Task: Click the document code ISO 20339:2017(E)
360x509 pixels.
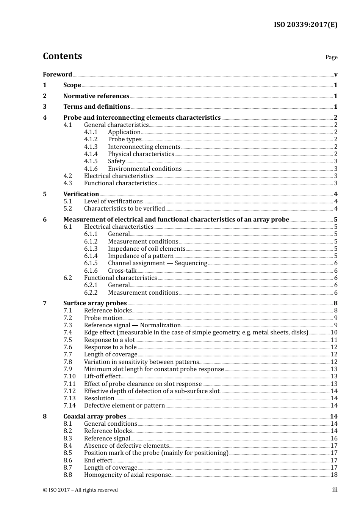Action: pyautogui.click(x=305, y=25)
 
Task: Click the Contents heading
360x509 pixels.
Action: pyautogui.click(x=62, y=56)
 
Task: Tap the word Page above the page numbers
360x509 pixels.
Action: pyautogui.click(x=331, y=57)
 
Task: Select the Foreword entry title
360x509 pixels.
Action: pyautogui.click(x=57, y=74)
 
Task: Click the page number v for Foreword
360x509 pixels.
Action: pyautogui.click(x=336, y=75)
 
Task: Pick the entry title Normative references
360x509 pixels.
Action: pyautogui.click(x=96, y=96)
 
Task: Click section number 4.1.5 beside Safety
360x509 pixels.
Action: pyautogui.click(x=91, y=161)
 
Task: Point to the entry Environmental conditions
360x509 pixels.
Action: pyautogui.click(x=144, y=169)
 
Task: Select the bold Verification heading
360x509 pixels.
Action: pyautogui.click(x=81, y=194)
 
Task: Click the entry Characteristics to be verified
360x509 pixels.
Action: pyautogui.click(x=124, y=209)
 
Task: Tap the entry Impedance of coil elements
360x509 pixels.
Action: pyautogui.click(x=146, y=249)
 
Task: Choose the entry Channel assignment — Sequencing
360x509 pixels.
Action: pyautogui.click(x=157, y=263)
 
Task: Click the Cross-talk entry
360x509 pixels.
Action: pyautogui.click(x=122, y=271)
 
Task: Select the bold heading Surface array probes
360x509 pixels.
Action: pyautogui.click(x=95, y=303)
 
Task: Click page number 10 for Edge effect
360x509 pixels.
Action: pyautogui.click(x=334, y=333)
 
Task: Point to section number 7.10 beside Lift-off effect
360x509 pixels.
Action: pyautogui.click(x=69, y=376)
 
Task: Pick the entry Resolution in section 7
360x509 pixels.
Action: pyautogui.click(x=99, y=398)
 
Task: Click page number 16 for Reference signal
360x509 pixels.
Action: pyautogui.click(x=334, y=439)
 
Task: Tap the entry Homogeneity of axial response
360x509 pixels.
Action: pyautogui.click(x=127, y=475)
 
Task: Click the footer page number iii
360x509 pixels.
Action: pyautogui.click(x=335, y=490)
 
